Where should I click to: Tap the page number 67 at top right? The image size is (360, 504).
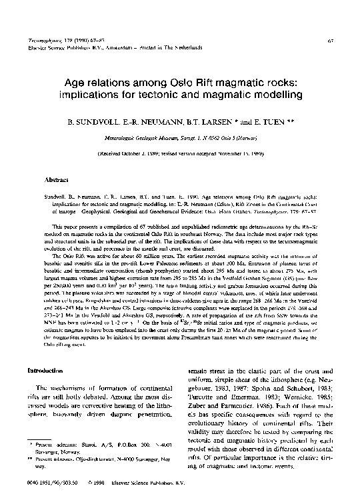click(331, 41)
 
